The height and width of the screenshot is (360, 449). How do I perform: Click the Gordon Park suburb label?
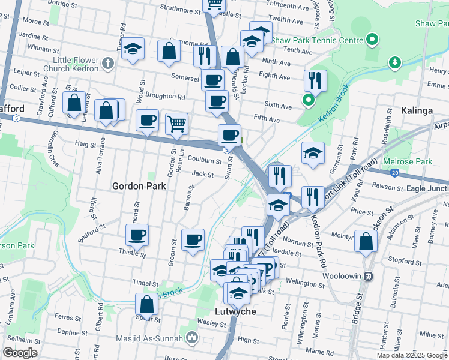pos(140,186)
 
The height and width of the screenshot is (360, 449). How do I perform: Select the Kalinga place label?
pos(416,111)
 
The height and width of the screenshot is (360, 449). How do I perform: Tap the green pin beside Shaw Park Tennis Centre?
pos(372,40)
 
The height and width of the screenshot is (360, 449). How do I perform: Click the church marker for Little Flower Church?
pos(107,62)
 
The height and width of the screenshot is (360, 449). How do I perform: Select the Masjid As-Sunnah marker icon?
pos(192,338)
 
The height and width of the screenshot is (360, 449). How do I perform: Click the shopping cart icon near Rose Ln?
pos(176,124)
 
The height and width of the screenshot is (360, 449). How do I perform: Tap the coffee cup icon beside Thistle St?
pos(137,235)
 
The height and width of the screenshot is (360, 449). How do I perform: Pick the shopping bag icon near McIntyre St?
pos(365,241)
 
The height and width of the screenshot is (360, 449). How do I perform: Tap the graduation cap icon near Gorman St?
pos(313,153)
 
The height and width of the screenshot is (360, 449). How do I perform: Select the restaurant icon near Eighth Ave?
pos(315,80)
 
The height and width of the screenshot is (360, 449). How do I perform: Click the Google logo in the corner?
pos(20,352)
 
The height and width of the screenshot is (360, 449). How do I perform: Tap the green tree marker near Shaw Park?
pos(394,62)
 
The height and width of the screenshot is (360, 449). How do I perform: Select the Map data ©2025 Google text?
pos(412,355)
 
